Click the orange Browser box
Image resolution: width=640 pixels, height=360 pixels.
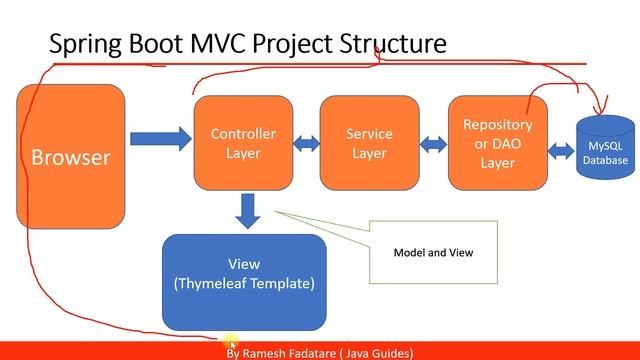pos(71,156)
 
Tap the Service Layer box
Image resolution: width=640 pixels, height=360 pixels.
pos(369,143)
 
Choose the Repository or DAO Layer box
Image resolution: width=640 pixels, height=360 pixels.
pos(497,142)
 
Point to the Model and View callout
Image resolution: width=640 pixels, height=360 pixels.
pos(432,253)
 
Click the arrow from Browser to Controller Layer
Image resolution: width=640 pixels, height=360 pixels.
pos(160,136)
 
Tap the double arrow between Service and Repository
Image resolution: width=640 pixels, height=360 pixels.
pos(433,144)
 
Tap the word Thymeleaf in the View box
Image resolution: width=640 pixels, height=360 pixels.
pos(220,284)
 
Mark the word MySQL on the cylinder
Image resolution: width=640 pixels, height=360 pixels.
pos(606,147)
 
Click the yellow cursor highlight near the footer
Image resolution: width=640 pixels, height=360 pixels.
pos(232,343)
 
